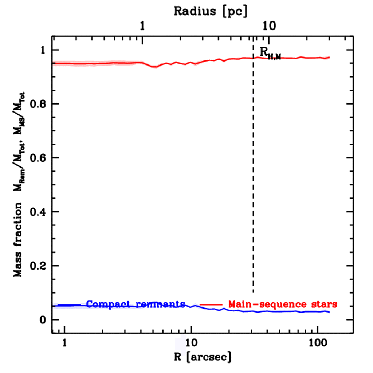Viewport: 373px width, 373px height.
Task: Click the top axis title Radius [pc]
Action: click(211, 11)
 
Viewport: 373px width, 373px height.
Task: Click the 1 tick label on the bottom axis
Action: click(65, 343)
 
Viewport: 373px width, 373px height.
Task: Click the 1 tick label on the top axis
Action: click(143, 27)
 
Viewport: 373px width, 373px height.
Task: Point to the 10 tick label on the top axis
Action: click(269, 27)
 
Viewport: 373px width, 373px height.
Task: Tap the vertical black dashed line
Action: click(253, 182)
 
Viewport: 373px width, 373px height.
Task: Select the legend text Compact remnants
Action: click(136, 304)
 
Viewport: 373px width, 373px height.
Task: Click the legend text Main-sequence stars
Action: click(282, 304)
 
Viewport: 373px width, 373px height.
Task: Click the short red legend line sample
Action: click(211, 304)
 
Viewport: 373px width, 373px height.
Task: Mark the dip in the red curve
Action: click(155, 67)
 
